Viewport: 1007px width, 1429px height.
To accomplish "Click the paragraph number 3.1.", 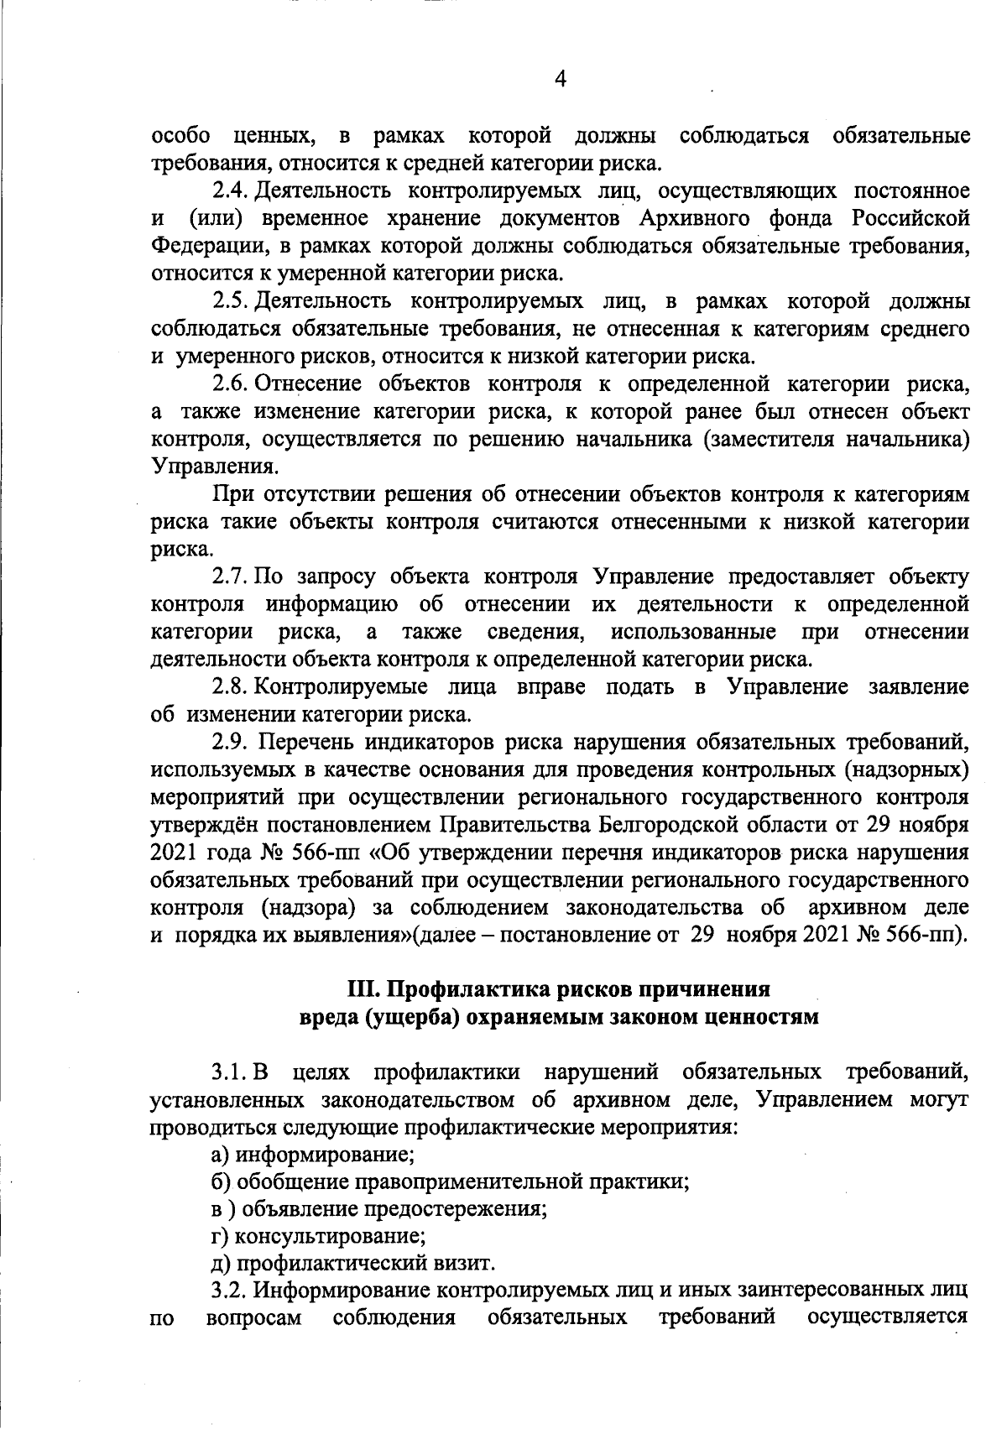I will [231, 1072].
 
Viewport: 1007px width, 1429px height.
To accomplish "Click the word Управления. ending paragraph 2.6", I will [213, 467].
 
